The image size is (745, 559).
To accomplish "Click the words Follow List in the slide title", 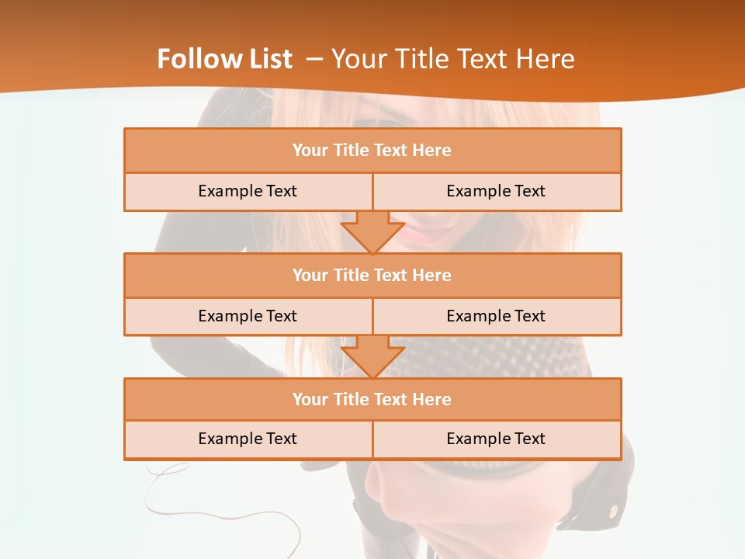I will coord(224,59).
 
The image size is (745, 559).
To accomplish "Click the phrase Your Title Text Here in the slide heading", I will coord(453,59).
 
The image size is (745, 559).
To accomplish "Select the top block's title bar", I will coord(372,151).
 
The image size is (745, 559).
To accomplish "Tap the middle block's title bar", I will coord(372,275).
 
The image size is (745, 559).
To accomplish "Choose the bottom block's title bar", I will coord(372,399).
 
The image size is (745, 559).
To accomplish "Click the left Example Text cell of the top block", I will coord(248,191).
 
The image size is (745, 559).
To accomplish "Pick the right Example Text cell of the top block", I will coord(496,191).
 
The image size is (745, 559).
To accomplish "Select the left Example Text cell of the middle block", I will coord(248,316).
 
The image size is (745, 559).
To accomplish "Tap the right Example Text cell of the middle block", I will coord(496,316).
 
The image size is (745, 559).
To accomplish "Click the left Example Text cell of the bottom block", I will coord(248,439).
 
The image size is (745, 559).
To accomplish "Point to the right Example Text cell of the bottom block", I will coord(496,439).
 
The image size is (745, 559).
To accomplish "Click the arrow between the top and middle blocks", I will coord(372,231).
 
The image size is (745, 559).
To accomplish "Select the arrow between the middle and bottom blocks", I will coord(372,356).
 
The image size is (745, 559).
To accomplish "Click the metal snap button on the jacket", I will coord(613,510).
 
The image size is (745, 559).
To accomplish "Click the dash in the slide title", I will coord(314,59).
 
